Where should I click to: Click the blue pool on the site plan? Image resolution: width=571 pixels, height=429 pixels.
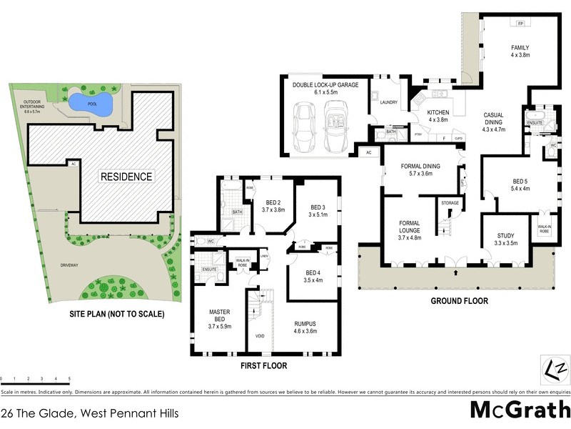(94, 104)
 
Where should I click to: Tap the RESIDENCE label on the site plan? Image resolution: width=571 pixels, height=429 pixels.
(126, 176)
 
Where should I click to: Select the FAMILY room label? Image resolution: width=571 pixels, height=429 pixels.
(519, 48)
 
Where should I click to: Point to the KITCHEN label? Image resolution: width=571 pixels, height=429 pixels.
(438, 113)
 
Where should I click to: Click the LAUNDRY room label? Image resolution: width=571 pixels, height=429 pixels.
(388, 102)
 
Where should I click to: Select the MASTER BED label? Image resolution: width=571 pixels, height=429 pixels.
(218, 315)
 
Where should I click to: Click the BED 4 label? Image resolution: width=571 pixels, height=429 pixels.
(313, 272)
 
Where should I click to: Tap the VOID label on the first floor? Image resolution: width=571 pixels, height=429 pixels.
(260, 335)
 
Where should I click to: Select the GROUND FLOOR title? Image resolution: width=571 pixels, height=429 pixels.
(459, 301)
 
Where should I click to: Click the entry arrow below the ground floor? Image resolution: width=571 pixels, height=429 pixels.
(455, 272)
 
